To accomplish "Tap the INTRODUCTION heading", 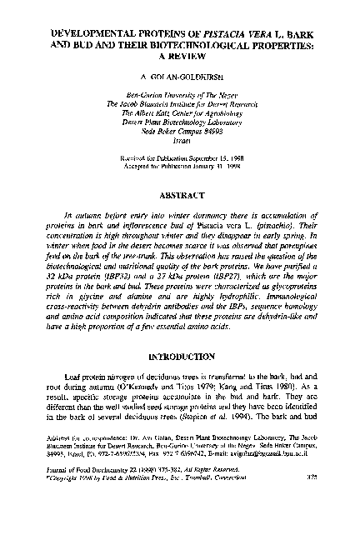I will [179, 381].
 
